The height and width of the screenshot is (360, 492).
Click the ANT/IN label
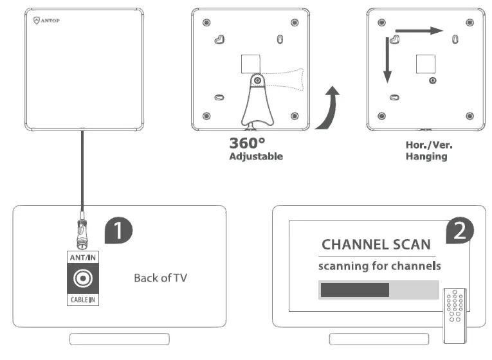83,258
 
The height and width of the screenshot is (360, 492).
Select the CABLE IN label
83,300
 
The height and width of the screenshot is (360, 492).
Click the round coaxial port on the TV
83,279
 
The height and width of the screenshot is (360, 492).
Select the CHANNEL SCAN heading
376,245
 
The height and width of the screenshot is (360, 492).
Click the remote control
454,314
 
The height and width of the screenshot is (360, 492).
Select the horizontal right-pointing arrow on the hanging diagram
419,30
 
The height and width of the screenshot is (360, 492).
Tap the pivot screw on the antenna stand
257,80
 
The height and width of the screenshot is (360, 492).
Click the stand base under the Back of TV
120,339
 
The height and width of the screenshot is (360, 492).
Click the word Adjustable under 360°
256,156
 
